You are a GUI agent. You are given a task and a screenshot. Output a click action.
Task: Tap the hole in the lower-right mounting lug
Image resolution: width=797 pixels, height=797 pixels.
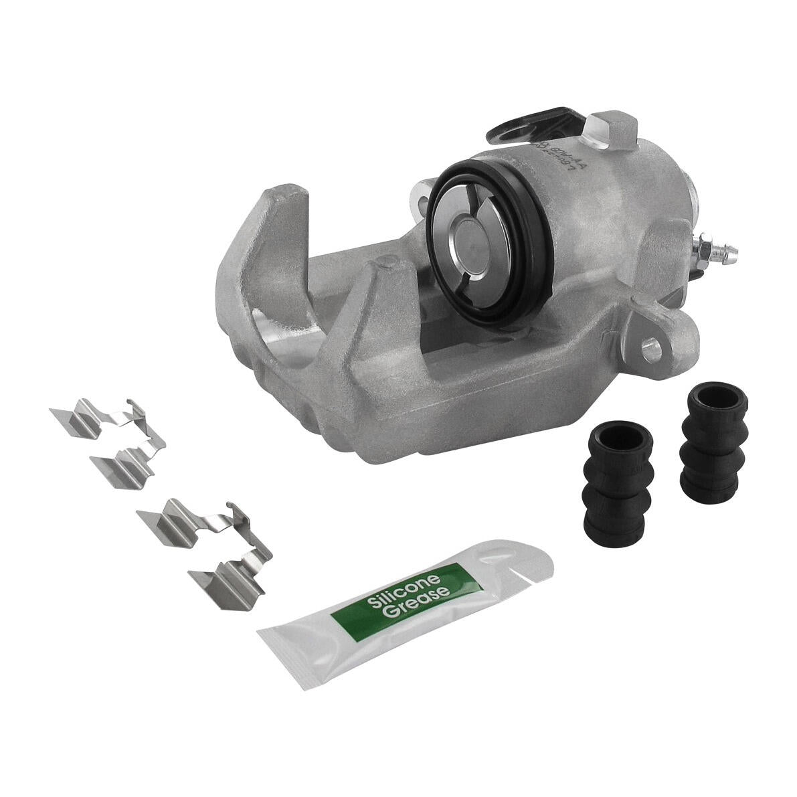(x=647, y=346)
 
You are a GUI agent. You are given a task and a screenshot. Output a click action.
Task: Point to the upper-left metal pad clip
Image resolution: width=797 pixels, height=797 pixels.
(x=110, y=438)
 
